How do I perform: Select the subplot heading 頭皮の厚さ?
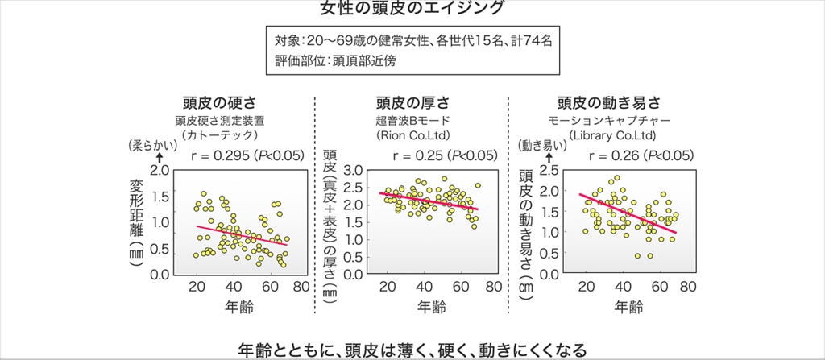[x=412, y=103]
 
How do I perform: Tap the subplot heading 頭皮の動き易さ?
[x=610, y=103]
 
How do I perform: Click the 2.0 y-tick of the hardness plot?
[x=160, y=170]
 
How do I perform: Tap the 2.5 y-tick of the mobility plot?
[x=550, y=170]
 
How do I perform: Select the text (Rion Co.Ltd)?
[x=412, y=134]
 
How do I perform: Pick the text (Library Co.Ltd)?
[x=610, y=134]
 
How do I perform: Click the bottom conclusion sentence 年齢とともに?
[x=412, y=350]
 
